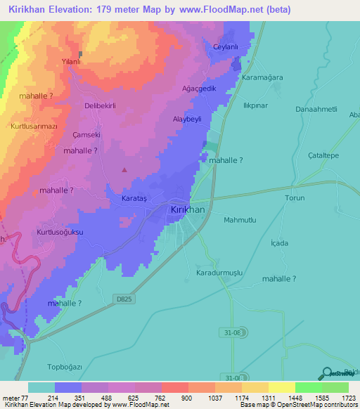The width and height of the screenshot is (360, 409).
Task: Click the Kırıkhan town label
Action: coord(188,209)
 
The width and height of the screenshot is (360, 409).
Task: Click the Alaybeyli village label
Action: coord(188,119)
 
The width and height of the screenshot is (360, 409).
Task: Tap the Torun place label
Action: coord(295,198)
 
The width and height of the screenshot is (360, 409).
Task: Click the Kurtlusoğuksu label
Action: coord(60,231)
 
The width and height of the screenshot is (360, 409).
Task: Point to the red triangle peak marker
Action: coord(125,169)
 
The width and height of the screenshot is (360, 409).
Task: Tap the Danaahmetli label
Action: coord(317,110)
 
